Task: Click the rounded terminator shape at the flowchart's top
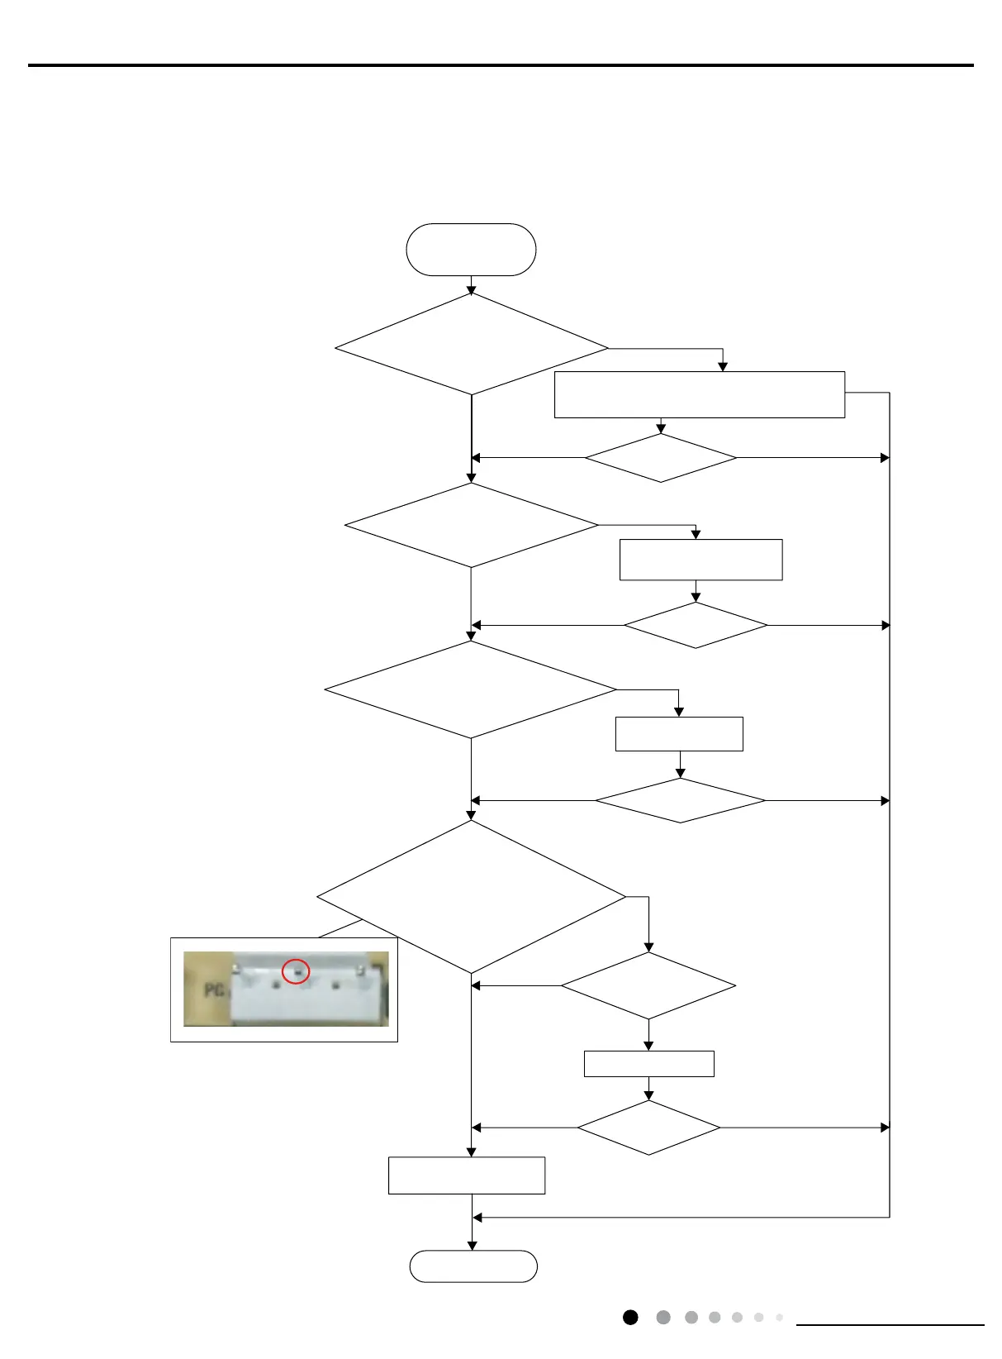(471, 250)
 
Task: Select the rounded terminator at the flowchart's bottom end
(473, 1266)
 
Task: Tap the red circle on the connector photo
(296, 971)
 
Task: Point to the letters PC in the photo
(215, 989)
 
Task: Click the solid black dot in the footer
(630, 1318)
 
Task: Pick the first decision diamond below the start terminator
(472, 345)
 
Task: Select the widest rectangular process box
(699, 395)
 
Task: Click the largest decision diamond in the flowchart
(472, 897)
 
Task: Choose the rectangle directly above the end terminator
(467, 1175)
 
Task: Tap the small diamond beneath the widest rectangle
(661, 458)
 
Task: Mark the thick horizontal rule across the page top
(501, 65)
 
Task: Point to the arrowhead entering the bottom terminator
(473, 1245)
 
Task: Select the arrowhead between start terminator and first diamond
(472, 290)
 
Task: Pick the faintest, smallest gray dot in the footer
(779, 1318)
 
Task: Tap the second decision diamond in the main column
(472, 525)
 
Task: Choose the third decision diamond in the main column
(471, 689)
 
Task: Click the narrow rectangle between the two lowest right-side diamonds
(648, 1064)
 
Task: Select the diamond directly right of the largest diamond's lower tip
(648, 986)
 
